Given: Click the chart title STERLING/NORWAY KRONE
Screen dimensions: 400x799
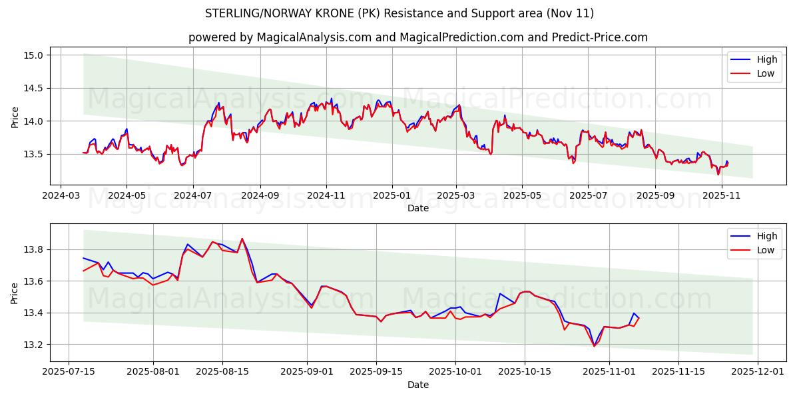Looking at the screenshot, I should pos(400,13).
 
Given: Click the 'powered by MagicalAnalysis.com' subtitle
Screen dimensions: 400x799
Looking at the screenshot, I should pos(417,37).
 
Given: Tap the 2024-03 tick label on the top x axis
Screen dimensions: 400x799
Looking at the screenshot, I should pos(61,196).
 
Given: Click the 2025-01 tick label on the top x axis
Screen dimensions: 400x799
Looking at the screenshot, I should pos(392,196).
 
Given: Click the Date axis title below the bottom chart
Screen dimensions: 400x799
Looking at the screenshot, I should pos(417,385).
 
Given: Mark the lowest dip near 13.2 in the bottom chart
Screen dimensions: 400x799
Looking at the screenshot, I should pos(594,346).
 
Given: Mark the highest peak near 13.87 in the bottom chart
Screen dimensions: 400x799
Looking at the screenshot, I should pos(242,239).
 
